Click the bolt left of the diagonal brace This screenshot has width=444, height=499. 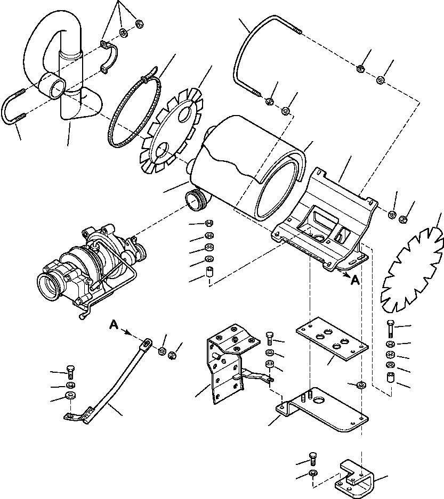click(70, 372)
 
